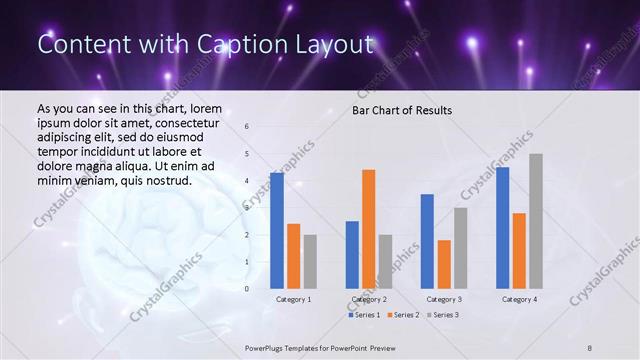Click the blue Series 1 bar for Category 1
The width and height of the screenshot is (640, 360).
(x=276, y=231)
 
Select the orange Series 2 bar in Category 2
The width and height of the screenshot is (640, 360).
(x=368, y=229)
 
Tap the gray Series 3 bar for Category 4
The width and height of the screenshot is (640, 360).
(x=536, y=221)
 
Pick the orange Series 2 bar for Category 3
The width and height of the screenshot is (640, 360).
(x=444, y=264)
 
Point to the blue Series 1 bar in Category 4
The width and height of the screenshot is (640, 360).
(x=502, y=228)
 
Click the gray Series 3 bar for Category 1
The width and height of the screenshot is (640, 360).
(x=310, y=262)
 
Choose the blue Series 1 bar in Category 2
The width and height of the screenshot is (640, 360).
(x=352, y=255)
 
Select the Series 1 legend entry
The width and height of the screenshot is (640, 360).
(x=364, y=315)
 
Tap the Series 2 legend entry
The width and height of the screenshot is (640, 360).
(x=402, y=315)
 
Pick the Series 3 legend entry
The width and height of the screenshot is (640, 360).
(x=441, y=315)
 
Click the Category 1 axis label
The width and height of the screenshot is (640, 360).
(x=293, y=299)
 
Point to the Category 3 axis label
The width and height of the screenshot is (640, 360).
(x=444, y=299)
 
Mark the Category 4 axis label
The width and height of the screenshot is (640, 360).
(x=519, y=299)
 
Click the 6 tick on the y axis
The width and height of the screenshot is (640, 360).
(x=247, y=127)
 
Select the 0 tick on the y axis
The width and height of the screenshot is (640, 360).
(x=247, y=289)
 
